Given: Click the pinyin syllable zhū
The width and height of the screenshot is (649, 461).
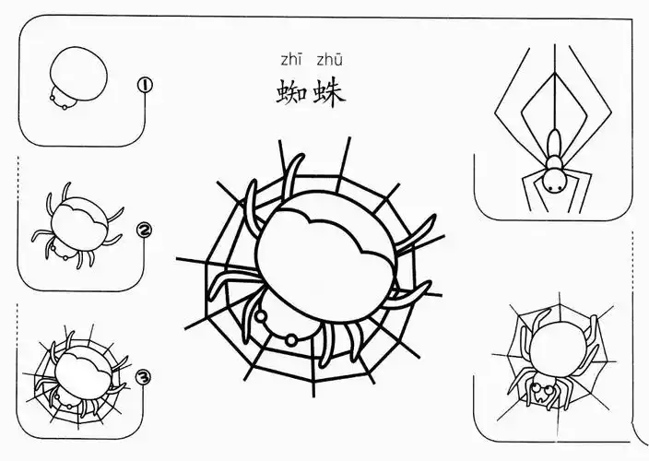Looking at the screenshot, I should [330, 61].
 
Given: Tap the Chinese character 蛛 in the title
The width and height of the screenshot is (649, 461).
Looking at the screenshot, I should [330, 93].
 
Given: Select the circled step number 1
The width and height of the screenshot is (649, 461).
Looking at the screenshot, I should [145, 86].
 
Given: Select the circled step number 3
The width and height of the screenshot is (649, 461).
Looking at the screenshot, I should [143, 377].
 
